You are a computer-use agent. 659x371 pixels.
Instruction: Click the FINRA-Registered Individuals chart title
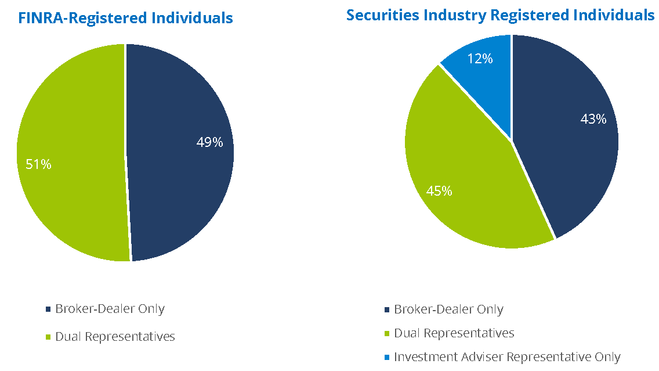click(125, 18)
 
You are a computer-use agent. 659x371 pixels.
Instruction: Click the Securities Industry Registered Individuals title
click(500, 15)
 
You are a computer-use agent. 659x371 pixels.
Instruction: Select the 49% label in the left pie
click(209, 142)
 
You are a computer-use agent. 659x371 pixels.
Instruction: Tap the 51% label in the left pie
click(38, 165)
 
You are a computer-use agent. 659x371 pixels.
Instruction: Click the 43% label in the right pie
click(593, 119)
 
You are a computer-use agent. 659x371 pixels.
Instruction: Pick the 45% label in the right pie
click(439, 190)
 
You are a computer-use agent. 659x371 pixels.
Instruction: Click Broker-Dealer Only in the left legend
click(110, 309)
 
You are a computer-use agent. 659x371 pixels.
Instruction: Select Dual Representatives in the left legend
click(115, 337)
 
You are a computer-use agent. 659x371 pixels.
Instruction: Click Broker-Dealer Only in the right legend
click(448, 309)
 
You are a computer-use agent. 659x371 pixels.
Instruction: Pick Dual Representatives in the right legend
click(454, 333)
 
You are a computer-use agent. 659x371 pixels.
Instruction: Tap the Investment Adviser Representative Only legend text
click(507, 357)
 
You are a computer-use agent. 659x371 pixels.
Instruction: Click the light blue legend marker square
click(386, 358)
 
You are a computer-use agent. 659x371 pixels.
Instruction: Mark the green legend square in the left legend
click(48, 337)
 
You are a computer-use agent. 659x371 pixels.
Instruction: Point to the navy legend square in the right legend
click(386, 310)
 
